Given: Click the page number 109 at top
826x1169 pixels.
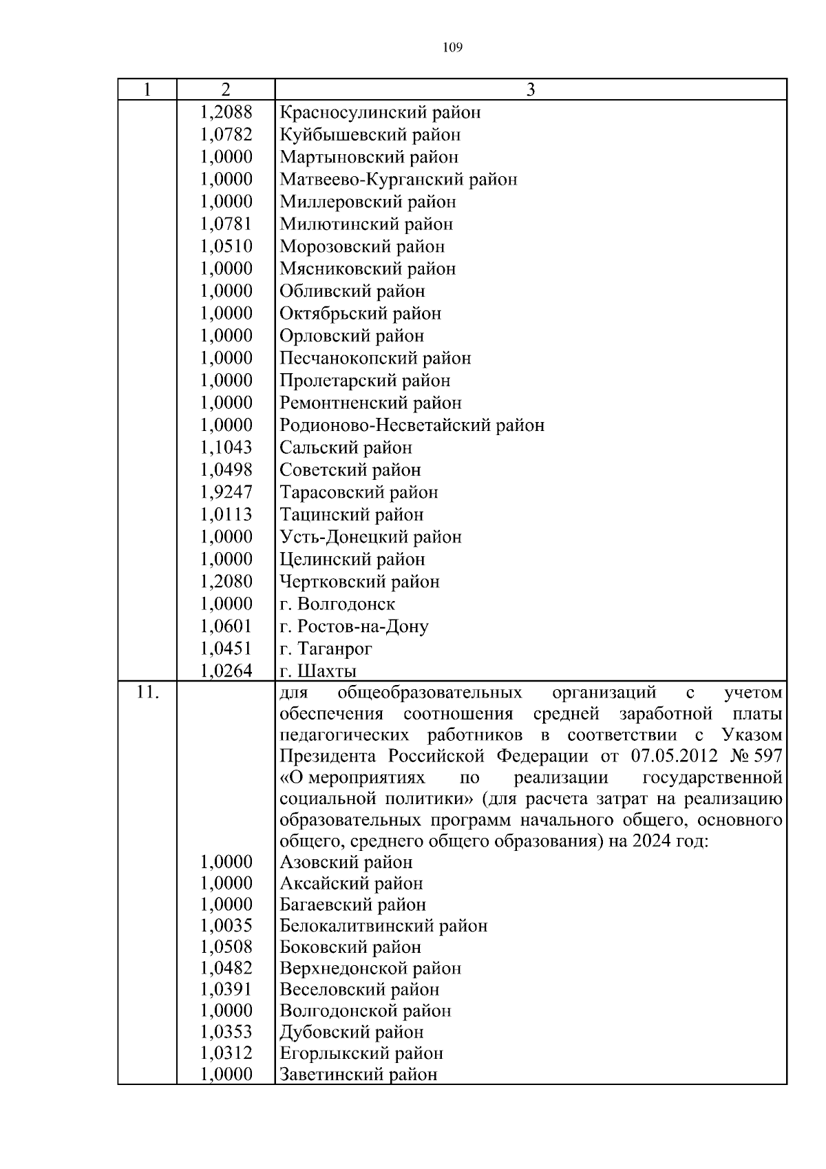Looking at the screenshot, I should (x=452, y=48).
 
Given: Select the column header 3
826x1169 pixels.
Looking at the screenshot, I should (x=530, y=89).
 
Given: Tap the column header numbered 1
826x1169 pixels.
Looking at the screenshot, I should (x=147, y=89).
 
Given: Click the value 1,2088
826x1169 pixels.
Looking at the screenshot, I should (x=226, y=112).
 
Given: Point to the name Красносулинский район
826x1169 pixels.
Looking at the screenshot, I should (x=380, y=112).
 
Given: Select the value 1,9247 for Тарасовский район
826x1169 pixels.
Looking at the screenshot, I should (x=226, y=492).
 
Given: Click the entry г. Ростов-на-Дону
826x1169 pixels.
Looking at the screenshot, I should (x=354, y=626).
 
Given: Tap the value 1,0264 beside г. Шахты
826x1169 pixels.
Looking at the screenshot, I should (x=226, y=671).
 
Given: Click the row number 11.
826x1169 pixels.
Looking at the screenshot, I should (x=147, y=693).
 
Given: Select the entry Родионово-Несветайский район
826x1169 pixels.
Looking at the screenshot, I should (x=412, y=425).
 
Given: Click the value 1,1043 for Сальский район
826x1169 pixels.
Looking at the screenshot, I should (x=226, y=447).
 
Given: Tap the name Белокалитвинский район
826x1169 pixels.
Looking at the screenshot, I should (x=383, y=926).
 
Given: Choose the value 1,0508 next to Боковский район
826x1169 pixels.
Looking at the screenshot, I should (x=226, y=947).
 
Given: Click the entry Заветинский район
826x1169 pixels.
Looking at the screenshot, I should (x=358, y=1075).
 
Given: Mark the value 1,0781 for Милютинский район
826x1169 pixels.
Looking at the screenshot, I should (x=226, y=224).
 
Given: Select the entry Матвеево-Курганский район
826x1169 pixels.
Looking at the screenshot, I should (x=398, y=180).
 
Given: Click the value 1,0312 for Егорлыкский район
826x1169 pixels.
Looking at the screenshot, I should (x=226, y=1053).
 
